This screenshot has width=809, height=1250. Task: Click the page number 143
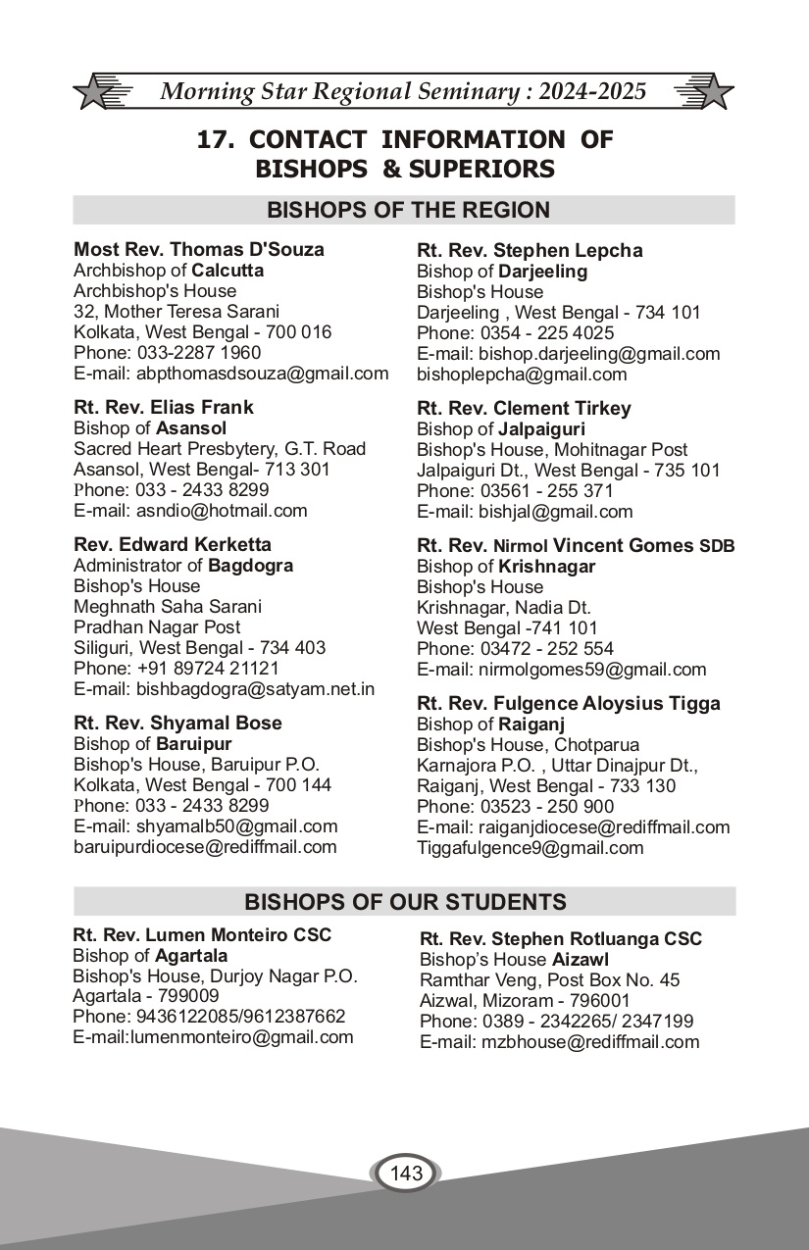tap(406, 1173)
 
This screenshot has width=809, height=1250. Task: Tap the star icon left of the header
tap(92, 93)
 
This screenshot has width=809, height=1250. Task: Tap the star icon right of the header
tap(714, 93)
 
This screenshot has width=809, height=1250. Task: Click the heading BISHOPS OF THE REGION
tap(408, 210)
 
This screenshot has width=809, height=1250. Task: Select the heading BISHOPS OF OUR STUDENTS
tap(405, 902)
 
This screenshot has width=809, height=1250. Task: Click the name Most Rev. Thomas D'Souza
tap(199, 249)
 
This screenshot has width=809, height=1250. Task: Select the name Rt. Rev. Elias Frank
tap(164, 407)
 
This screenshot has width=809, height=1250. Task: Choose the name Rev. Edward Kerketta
tap(173, 544)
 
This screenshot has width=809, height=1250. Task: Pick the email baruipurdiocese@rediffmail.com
tap(205, 847)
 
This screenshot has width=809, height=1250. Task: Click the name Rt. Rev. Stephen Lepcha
tap(530, 250)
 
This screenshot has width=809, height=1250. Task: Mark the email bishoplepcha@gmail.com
tap(522, 375)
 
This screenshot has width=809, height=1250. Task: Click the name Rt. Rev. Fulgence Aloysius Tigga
tap(569, 703)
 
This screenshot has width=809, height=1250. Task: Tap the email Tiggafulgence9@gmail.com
tap(530, 848)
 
